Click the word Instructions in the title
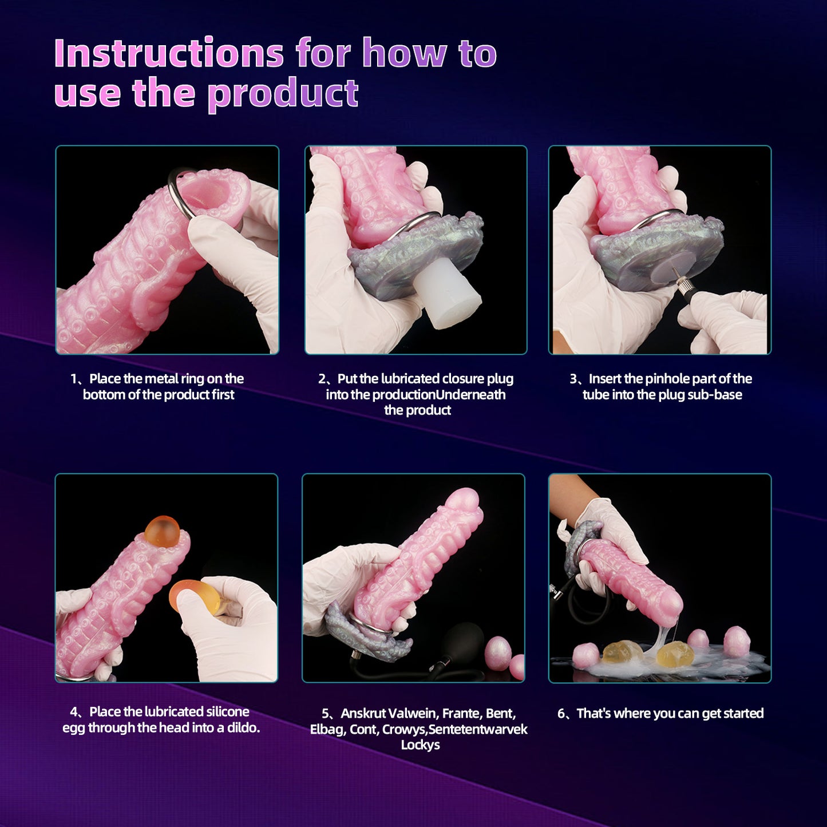point(169,53)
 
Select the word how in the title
point(405,53)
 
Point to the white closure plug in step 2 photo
point(449,292)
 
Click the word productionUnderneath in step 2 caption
point(438,394)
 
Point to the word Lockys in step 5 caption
point(420,745)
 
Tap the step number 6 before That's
point(562,713)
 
